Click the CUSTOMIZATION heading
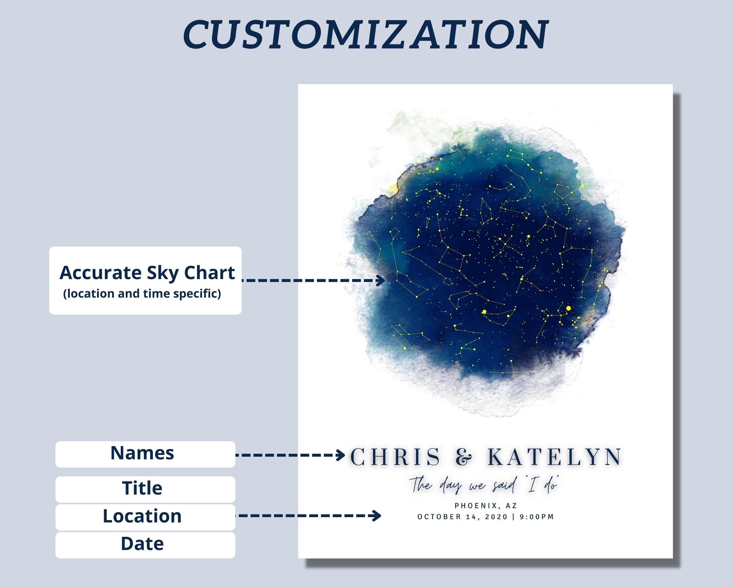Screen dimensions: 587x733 [366, 34]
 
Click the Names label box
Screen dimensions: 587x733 [145, 454]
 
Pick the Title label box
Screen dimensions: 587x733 [145, 489]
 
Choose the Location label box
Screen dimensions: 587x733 [145, 517]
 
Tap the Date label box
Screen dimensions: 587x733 [145, 544]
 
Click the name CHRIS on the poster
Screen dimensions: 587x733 [395, 457]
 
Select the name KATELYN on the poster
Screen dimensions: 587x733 [554, 457]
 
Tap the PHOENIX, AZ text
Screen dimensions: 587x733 [486, 506]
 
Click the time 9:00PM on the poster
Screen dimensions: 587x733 [537, 517]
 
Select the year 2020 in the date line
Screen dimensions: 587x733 [496, 517]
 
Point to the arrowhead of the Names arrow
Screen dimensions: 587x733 [341, 455]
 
